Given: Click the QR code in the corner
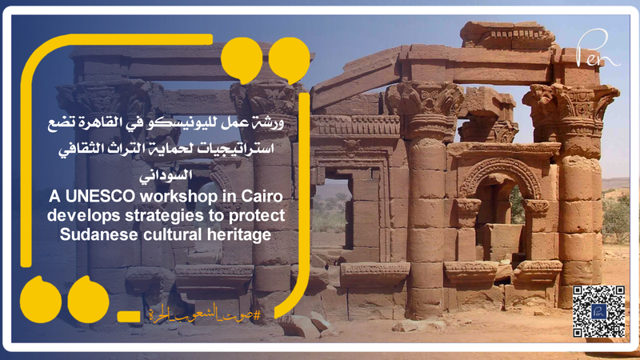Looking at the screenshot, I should (598, 311).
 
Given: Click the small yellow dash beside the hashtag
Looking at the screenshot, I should (128, 316).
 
